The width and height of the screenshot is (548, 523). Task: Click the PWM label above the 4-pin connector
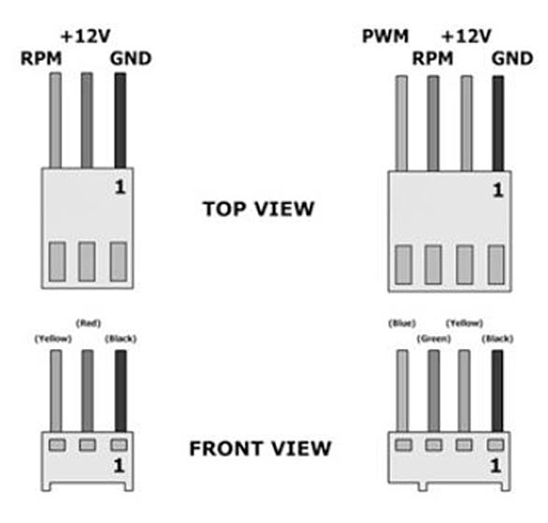(385, 36)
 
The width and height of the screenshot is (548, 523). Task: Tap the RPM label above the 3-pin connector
(41, 58)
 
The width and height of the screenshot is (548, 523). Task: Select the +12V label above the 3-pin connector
(86, 36)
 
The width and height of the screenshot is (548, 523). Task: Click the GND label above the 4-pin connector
(512, 58)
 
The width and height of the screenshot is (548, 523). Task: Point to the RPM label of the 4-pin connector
(433, 58)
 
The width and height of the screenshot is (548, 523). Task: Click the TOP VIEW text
(259, 209)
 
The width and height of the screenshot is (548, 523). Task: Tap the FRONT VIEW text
(260, 448)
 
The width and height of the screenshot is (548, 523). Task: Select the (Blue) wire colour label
(402, 324)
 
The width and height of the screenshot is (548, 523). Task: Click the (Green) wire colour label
(434, 339)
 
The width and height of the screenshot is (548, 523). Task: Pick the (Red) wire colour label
(88, 324)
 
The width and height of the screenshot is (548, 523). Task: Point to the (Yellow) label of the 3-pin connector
(53, 339)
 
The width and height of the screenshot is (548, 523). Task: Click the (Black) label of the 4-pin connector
(498, 339)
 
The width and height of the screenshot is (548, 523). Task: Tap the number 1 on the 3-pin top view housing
(120, 187)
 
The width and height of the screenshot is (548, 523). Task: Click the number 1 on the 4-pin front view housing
(496, 466)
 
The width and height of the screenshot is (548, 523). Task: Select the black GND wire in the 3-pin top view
(121, 121)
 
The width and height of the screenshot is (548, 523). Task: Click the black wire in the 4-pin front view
(498, 391)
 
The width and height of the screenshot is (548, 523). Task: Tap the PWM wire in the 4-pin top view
(401, 123)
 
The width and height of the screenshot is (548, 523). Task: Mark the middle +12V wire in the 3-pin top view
(87, 121)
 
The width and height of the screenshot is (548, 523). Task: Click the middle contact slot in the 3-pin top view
(87, 262)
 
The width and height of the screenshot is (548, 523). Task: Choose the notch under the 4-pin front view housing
(423, 487)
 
